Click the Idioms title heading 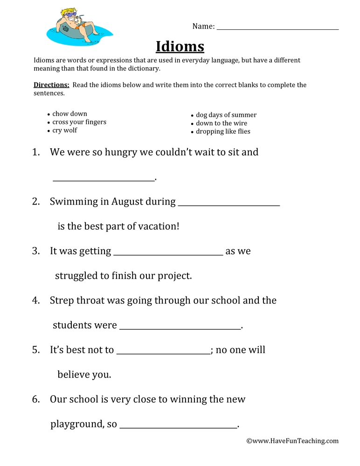coord(180,47)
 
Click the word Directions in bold coord(51,85)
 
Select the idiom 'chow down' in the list coord(69,114)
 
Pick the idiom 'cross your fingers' coord(79,122)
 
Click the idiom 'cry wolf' coord(65,130)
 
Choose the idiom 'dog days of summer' coord(226,115)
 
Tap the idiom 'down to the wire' coord(222,123)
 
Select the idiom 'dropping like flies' coord(223,132)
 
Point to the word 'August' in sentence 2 coord(127,202)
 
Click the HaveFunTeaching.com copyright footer coord(292,441)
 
